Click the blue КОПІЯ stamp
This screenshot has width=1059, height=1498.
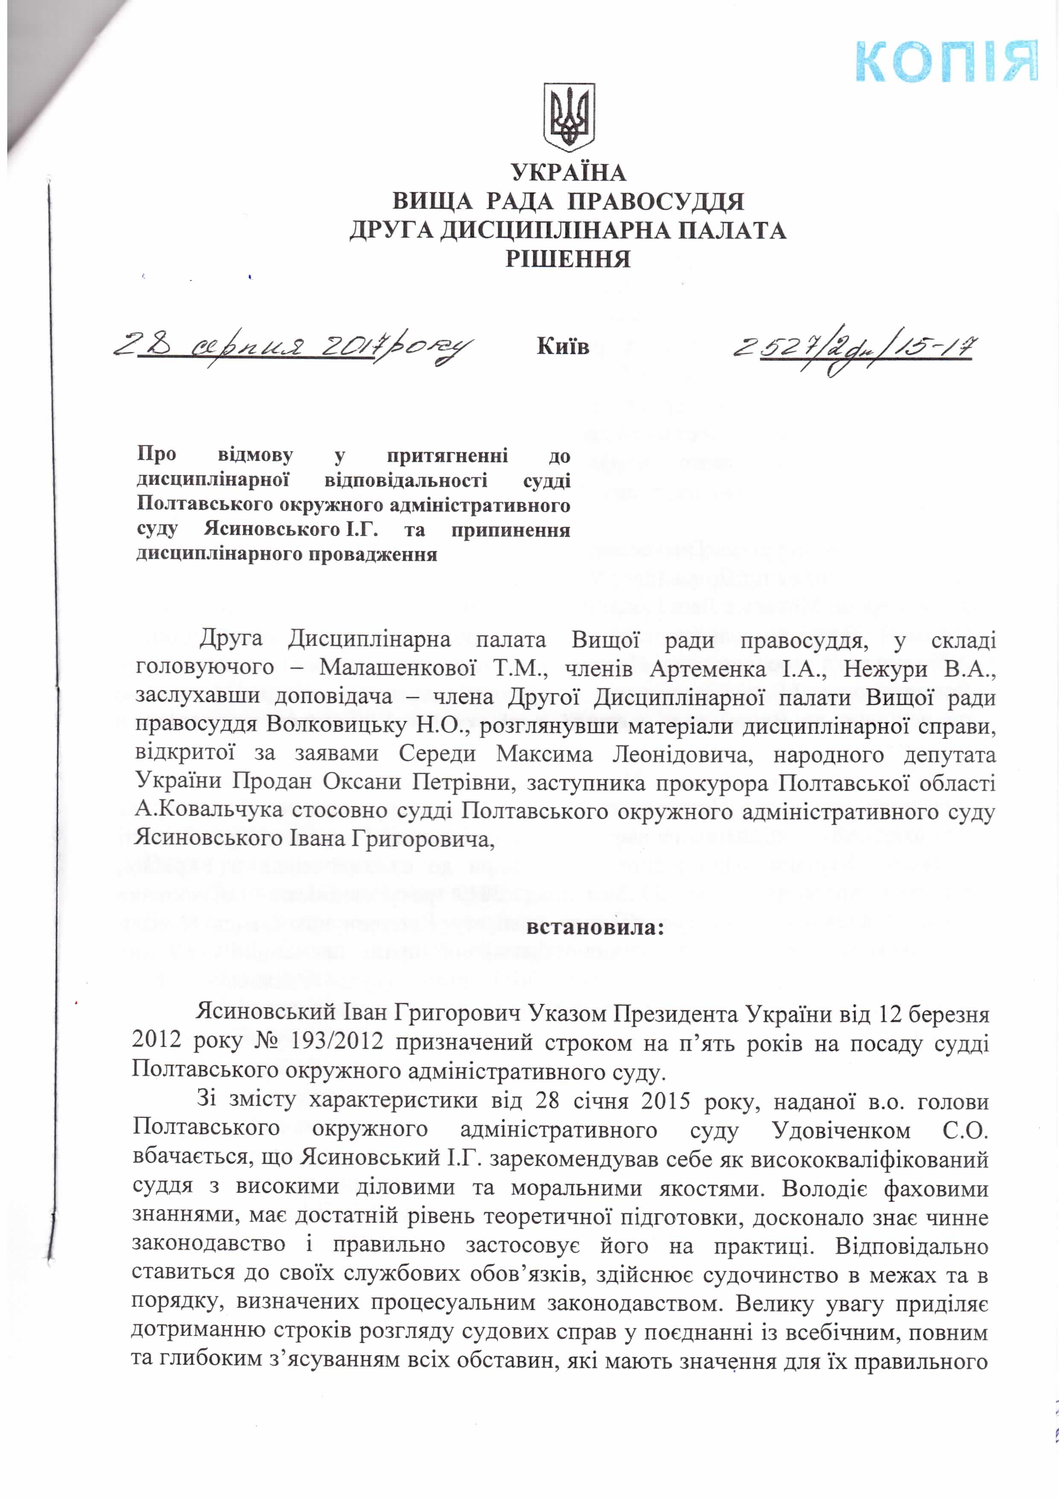click(x=946, y=62)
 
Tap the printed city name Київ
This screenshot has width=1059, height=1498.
click(x=563, y=347)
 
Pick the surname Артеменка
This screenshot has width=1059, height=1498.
click(x=708, y=669)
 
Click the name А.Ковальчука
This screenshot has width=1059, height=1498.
click(x=209, y=810)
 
